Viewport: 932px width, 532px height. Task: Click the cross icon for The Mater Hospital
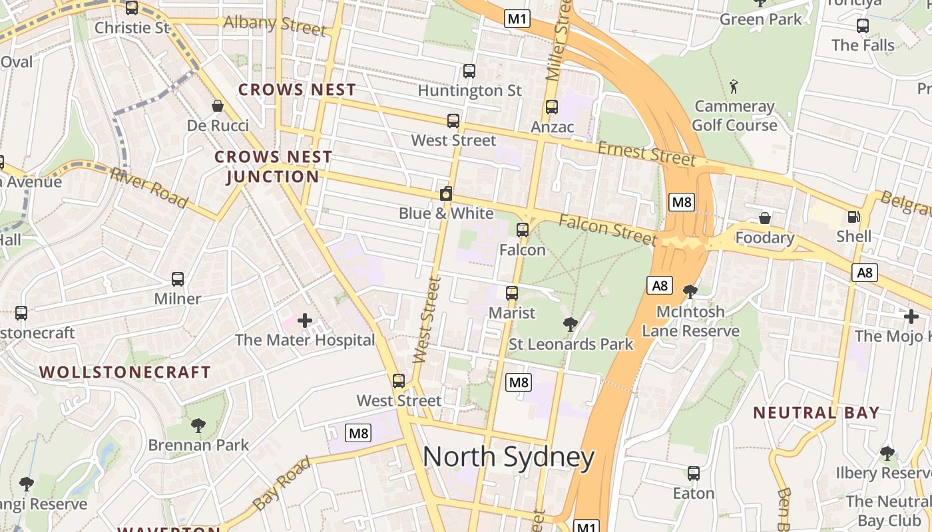[305, 321]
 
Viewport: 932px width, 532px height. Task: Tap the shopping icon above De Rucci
[217, 106]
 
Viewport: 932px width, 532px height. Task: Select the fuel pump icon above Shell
[853, 217]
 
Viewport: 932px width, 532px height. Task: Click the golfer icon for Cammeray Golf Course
[734, 86]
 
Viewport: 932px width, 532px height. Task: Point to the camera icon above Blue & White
[446, 194]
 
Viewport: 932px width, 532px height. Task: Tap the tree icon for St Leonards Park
[570, 325]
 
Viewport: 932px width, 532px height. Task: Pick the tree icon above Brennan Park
[198, 425]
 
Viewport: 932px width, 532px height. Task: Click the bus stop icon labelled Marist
[511, 293]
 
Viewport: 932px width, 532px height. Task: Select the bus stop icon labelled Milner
[177, 279]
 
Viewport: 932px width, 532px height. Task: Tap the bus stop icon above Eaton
[693, 473]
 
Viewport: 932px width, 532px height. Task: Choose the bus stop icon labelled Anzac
[552, 107]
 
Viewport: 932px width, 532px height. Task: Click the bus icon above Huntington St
[469, 71]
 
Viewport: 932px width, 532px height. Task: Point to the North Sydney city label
[509, 458]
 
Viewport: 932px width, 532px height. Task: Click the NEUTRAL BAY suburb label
[816, 412]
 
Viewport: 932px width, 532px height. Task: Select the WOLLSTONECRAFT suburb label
[125, 372]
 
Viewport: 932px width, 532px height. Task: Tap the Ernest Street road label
[646, 154]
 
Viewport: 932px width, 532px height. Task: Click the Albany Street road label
[275, 25]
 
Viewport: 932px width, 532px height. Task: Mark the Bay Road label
[282, 483]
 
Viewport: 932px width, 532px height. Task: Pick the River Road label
[149, 187]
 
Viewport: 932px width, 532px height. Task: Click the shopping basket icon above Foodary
[765, 218]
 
